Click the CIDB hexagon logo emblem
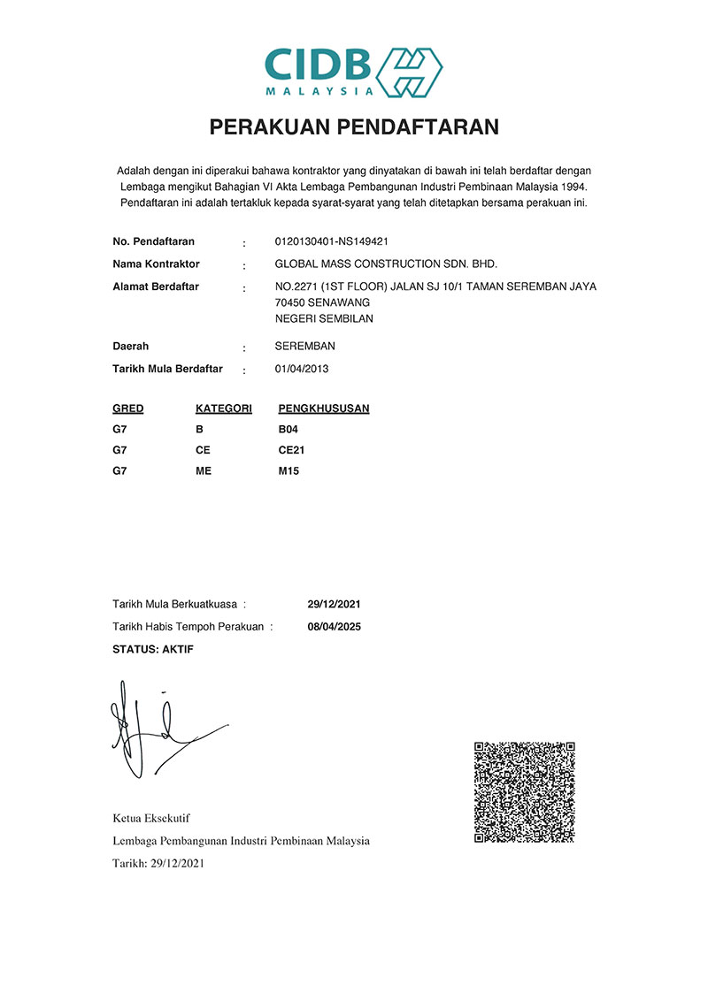pyautogui.click(x=410, y=70)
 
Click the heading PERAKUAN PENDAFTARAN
pyautogui.click(x=354, y=127)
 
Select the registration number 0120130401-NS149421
pyautogui.click(x=333, y=241)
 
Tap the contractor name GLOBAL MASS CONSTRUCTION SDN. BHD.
pyautogui.click(x=387, y=263)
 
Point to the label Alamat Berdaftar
pyautogui.click(x=156, y=286)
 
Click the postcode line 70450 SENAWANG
pyautogui.click(x=322, y=302)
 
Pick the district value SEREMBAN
pyautogui.click(x=305, y=346)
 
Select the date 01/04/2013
pyautogui.click(x=302, y=369)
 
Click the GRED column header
pyautogui.click(x=128, y=408)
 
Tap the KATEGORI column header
pyautogui.click(x=224, y=408)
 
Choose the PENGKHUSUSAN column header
pyautogui.click(x=324, y=408)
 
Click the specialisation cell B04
pyautogui.click(x=289, y=430)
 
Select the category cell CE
pyautogui.click(x=203, y=450)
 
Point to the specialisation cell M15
pyautogui.click(x=289, y=471)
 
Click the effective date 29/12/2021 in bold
pyautogui.click(x=334, y=605)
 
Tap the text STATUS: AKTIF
pyautogui.click(x=153, y=649)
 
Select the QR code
pyautogui.click(x=525, y=791)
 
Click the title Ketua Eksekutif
pyautogui.click(x=151, y=818)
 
